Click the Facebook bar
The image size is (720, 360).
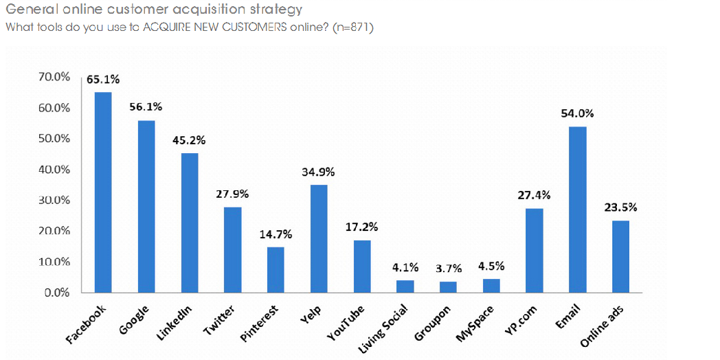click(x=104, y=192)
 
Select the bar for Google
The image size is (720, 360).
click(x=146, y=206)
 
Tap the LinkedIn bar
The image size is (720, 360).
click(x=190, y=223)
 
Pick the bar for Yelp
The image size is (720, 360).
click(x=319, y=238)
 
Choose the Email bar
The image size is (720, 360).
click(x=577, y=210)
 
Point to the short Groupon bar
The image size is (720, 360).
click(x=448, y=287)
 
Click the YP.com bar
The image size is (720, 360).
click(x=534, y=250)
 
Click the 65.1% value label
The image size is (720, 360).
click(x=103, y=80)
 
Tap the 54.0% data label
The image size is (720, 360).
click(x=577, y=114)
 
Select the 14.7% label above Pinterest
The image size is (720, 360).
click(x=275, y=235)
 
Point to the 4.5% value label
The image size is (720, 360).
click(x=491, y=267)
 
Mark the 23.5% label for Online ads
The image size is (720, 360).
click(x=620, y=207)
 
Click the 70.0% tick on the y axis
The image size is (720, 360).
click(x=54, y=77)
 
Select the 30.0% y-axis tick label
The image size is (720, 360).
click(x=54, y=200)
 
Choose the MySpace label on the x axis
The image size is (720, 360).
click(x=475, y=323)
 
